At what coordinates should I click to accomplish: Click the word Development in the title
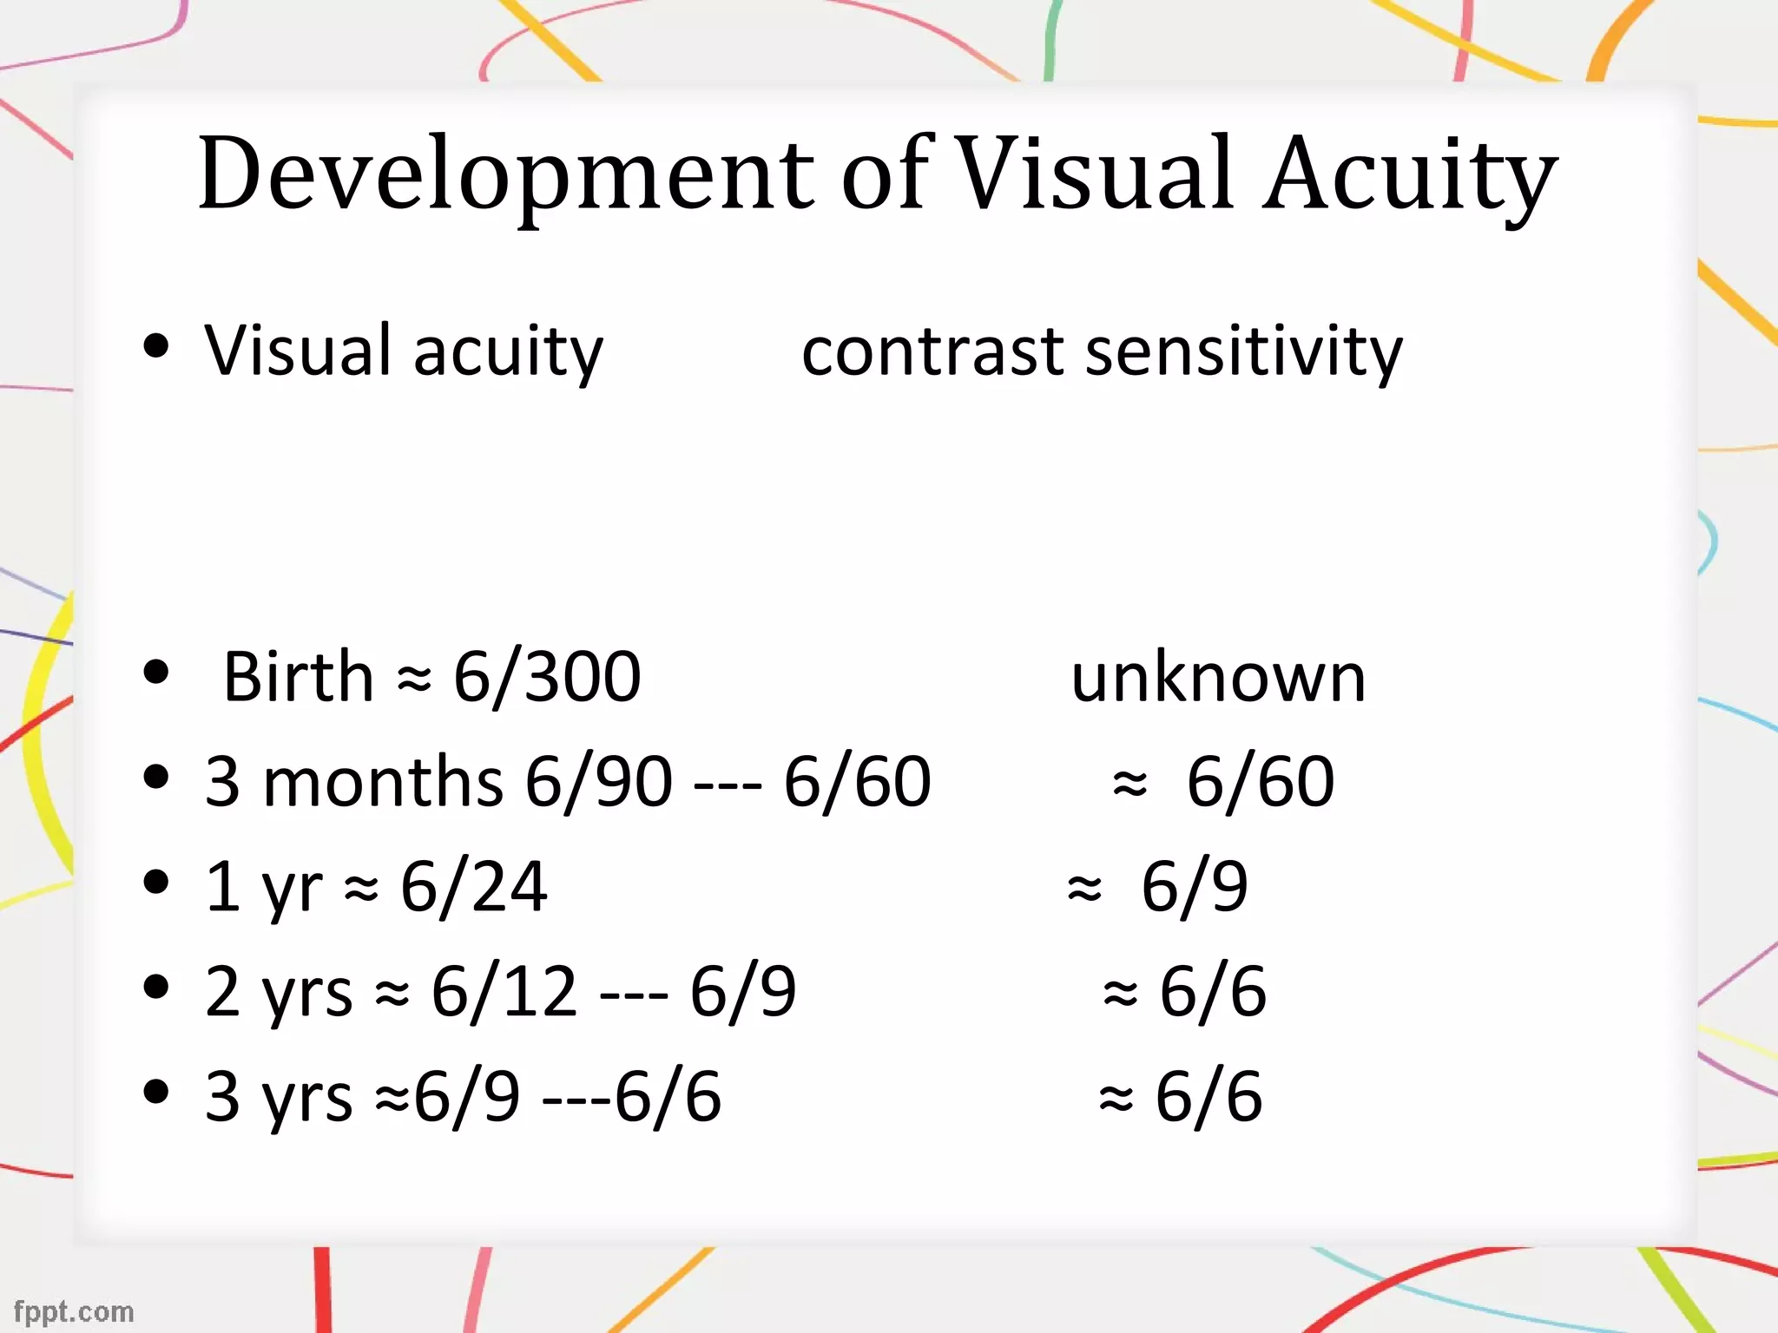coord(506,174)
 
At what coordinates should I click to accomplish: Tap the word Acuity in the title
coord(1409,174)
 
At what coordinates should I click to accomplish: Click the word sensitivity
coord(1244,351)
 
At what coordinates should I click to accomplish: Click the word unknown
coord(1218,677)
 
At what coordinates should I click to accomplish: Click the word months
coord(382,781)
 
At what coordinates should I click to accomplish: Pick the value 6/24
coord(474,886)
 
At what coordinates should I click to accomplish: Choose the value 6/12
coord(504,991)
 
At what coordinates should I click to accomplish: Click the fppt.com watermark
coord(75,1311)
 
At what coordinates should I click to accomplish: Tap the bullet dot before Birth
coord(156,672)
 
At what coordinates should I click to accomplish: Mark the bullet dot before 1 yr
coord(156,882)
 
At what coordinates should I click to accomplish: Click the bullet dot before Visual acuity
coord(156,345)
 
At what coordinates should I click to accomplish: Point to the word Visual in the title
coord(1096,174)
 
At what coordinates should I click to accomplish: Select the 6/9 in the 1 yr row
coord(1195,886)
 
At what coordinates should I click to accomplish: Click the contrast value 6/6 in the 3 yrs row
coord(1208,1096)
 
